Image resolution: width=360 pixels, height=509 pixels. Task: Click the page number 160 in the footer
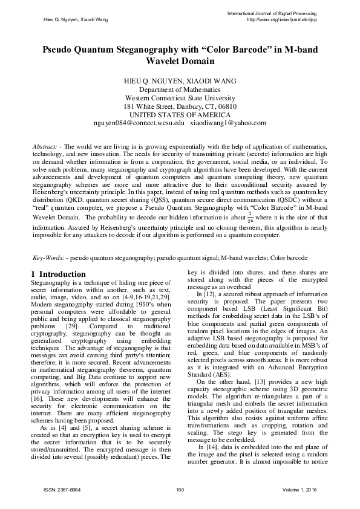pyautogui.click(x=180, y=490)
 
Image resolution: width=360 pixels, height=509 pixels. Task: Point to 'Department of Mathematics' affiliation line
pyautogui.click(x=180, y=89)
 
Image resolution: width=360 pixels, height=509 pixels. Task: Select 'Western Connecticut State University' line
pyautogui.click(x=180, y=97)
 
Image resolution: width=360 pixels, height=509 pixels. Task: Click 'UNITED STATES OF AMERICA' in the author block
pyautogui.click(x=180, y=114)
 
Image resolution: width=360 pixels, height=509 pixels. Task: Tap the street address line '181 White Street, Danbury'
pyautogui.click(x=180, y=106)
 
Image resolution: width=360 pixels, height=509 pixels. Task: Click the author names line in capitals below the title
pyautogui.click(x=180, y=80)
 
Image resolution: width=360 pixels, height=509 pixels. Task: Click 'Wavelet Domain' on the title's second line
pyautogui.click(x=180, y=61)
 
